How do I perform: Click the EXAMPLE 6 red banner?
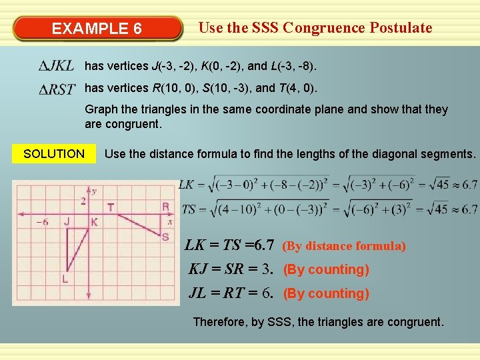click(x=97, y=29)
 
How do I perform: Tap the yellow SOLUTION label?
click(x=53, y=154)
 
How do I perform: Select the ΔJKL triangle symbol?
click(x=56, y=66)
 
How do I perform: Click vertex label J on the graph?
click(x=67, y=221)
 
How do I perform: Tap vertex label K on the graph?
click(x=94, y=222)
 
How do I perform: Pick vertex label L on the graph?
click(x=65, y=279)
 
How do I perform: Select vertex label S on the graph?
click(x=165, y=237)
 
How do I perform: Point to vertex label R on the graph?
click(x=165, y=207)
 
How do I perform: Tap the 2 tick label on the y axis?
click(x=83, y=201)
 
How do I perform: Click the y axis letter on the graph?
click(x=94, y=191)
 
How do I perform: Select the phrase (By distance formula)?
click(x=344, y=246)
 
